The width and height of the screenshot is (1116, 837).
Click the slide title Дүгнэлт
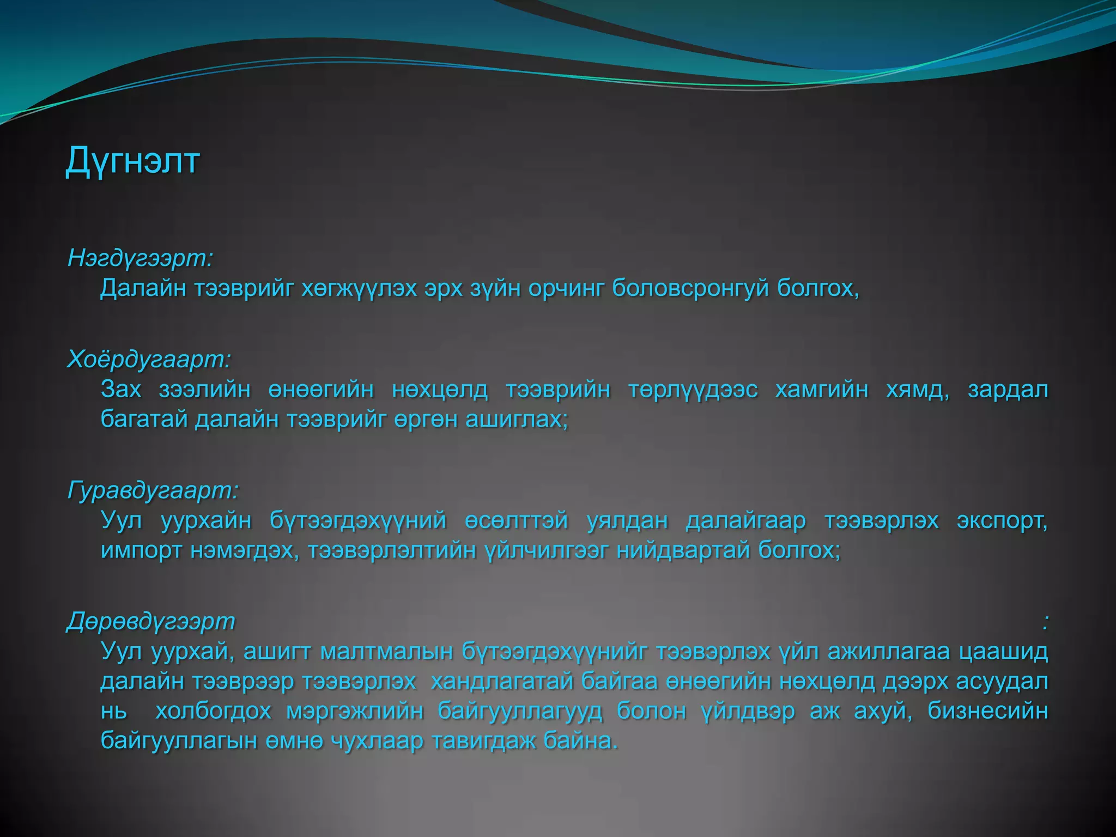(132, 161)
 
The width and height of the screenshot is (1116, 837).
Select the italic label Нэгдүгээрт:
(140, 258)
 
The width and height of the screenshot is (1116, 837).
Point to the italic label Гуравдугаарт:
(153, 490)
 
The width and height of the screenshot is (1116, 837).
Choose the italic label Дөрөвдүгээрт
(151, 621)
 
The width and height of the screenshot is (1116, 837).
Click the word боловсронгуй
(690, 288)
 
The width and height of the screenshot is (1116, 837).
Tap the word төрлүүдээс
(693, 390)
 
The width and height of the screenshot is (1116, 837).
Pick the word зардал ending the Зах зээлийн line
(1008, 390)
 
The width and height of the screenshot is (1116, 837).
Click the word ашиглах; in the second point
(517, 419)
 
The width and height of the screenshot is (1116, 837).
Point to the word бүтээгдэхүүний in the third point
(358, 520)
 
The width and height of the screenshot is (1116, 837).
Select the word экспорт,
(1002, 520)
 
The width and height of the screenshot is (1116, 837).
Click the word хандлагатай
(502, 681)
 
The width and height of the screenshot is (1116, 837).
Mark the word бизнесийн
(988, 711)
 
